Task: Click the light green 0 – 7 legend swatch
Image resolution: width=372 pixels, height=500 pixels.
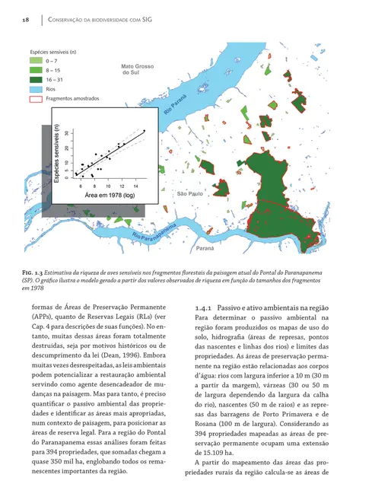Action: [36, 59]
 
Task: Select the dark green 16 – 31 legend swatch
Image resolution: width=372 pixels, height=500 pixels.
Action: [36, 78]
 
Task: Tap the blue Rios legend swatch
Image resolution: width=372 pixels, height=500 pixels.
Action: [36, 88]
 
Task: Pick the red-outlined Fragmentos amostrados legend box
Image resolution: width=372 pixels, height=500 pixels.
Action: [36, 98]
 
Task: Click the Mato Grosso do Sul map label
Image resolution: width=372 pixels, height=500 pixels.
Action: [138, 71]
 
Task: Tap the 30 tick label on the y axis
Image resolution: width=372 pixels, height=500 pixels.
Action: [68, 134]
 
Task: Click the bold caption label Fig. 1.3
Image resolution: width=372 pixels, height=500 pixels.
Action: [35, 271]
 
